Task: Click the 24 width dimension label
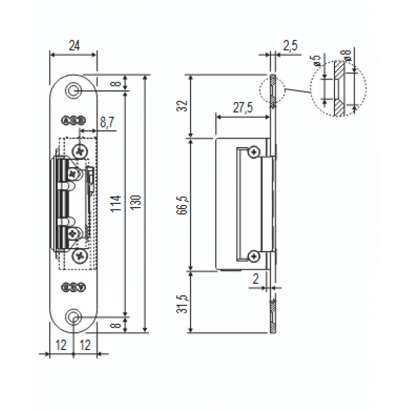coord(74,46)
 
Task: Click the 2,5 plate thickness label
coord(290,46)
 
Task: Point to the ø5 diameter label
coord(317,62)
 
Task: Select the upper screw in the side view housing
coord(253,152)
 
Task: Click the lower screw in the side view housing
coord(253,256)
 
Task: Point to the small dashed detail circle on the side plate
coord(271,92)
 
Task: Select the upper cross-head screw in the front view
coord(80,152)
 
